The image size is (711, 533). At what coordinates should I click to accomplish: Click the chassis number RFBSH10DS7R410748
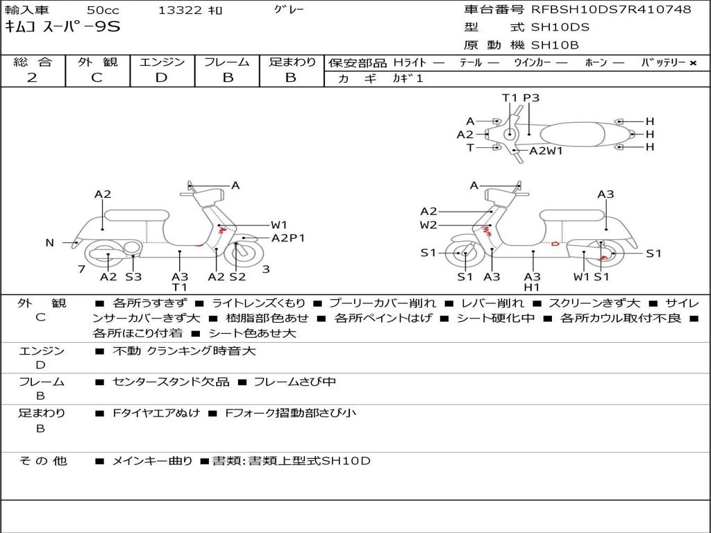(x=611, y=10)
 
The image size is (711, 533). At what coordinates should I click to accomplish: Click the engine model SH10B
(x=555, y=46)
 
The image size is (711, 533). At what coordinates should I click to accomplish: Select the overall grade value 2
(x=32, y=78)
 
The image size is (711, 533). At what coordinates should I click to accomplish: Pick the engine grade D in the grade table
(x=161, y=78)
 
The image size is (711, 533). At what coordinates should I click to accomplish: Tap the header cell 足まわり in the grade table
(x=292, y=62)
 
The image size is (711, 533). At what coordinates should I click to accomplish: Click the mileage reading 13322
(x=180, y=10)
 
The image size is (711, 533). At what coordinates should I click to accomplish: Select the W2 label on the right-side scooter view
(x=428, y=225)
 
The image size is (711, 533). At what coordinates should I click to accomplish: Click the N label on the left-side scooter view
(x=50, y=242)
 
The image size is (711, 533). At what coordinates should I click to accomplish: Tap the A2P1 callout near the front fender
(x=288, y=238)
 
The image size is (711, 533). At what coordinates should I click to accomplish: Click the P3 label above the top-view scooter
(x=531, y=98)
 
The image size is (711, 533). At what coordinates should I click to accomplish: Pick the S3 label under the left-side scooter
(x=133, y=277)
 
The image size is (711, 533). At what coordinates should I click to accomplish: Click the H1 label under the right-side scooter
(x=533, y=287)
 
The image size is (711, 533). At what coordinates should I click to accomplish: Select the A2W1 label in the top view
(x=546, y=151)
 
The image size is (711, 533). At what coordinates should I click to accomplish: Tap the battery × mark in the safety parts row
(x=692, y=62)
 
